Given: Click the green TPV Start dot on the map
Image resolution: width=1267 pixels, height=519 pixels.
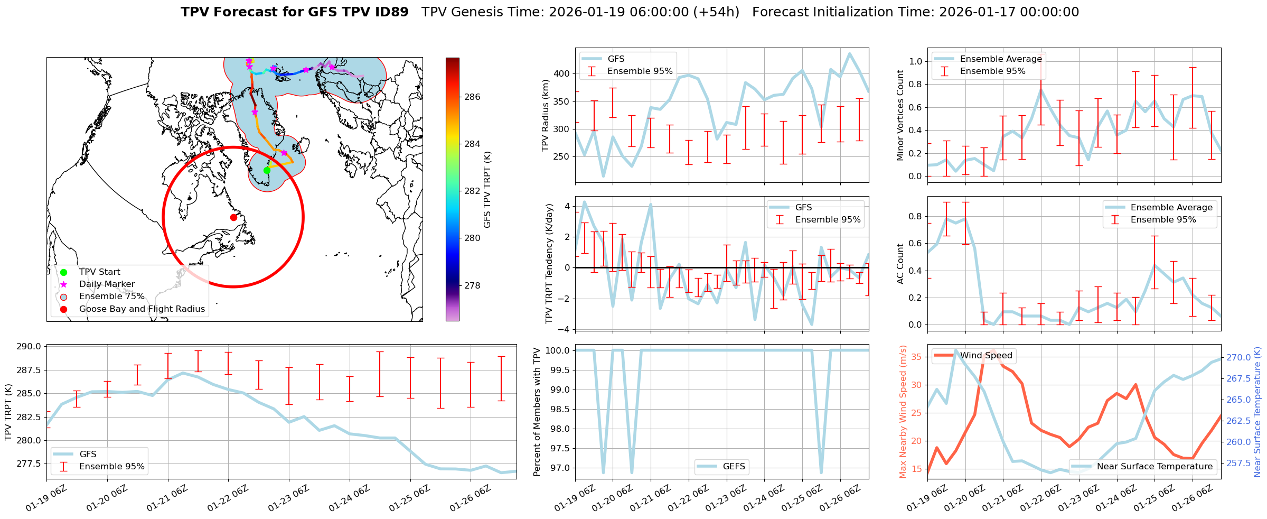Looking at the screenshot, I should point(267,170).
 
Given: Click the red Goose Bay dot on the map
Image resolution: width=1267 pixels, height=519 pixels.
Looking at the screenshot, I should point(233,217).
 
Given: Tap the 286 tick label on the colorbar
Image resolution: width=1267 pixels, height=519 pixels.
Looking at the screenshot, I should point(472,97).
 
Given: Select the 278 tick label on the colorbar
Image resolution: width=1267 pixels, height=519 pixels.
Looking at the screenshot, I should point(472,285).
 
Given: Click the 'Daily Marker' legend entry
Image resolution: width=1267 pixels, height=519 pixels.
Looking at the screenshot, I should point(107,284).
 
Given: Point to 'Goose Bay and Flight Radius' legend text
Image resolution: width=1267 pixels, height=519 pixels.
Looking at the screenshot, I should point(142,309).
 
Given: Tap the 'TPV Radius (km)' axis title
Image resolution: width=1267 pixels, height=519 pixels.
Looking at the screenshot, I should point(546,115).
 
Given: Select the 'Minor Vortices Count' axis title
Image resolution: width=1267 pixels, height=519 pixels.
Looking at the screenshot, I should point(900,115).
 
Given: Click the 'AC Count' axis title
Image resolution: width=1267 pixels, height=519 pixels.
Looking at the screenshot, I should point(900,264).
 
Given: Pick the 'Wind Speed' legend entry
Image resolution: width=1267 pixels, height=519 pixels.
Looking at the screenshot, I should point(986,356).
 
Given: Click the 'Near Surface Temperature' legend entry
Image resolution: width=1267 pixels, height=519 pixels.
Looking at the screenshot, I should point(1155,467).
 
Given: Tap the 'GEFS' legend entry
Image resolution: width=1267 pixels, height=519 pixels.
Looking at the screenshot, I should point(734,467).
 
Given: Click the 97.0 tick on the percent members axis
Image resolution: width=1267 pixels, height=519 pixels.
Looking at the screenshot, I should point(558,468).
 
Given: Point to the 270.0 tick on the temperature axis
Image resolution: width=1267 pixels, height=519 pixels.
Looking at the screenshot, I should point(1238,358).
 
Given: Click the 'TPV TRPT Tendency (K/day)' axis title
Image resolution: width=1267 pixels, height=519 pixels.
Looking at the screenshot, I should point(549,264).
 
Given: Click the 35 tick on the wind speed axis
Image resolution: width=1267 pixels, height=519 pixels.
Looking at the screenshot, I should point(916,357).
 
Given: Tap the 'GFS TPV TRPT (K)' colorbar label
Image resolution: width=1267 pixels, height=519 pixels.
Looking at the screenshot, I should point(487,190).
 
